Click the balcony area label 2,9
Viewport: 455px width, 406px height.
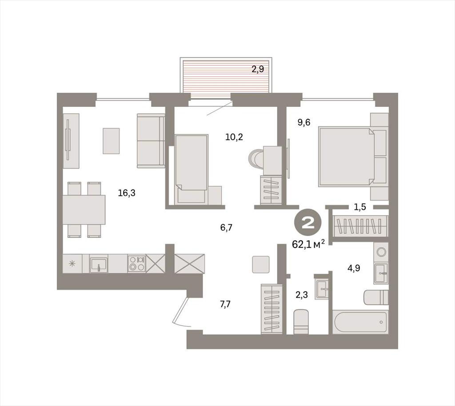pyautogui.click(x=258, y=69)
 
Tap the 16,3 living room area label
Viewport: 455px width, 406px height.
pyautogui.click(x=127, y=193)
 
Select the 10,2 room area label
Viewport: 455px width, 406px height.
pyautogui.click(x=234, y=137)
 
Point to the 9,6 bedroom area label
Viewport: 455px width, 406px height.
pyautogui.click(x=304, y=122)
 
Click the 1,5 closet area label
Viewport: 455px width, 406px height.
pyautogui.click(x=359, y=207)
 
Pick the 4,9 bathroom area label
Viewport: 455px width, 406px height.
pyautogui.click(x=354, y=268)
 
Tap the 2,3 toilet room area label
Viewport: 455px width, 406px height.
pyautogui.click(x=302, y=295)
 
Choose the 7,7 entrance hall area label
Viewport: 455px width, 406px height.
pyautogui.click(x=225, y=304)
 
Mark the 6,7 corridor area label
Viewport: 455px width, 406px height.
pyautogui.click(x=226, y=228)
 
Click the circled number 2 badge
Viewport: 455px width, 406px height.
pyautogui.click(x=308, y=224)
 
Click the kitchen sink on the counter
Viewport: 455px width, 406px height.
pyautogui.click(x=99, y=264)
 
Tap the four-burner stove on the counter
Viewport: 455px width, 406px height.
pyautogui.click(x=137, y=264)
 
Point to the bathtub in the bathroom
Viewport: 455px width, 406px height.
pyautogui.click(x=360, y=322)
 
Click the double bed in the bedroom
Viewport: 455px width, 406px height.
pyautogui.click(x=353, y=157)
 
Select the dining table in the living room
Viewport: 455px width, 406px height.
pyautogui.click(x=84, y=210)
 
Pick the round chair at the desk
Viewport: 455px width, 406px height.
pyautogui.click(x=256, y=159)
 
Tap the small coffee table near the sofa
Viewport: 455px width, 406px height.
pyautogui.click(x=111, y=141)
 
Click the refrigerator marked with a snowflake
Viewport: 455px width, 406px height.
pyautogui.click(x=72, y=264)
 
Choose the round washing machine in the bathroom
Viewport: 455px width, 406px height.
pyautogui.click(x=381, y=252)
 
